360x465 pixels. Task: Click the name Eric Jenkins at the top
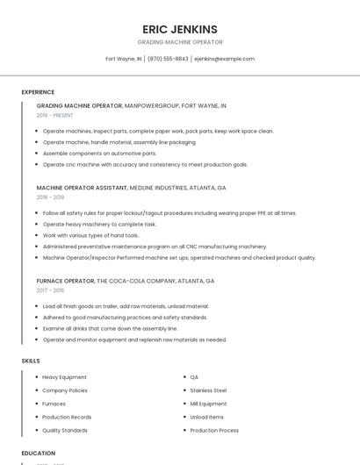[x=180, y=29]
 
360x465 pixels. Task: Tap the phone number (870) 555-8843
[x=168, y=59]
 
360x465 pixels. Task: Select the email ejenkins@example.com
[x=224, y=59]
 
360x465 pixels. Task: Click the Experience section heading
[x=38, y=92]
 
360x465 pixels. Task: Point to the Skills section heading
[x=31, y=361]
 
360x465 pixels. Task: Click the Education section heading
[x=38, y=454]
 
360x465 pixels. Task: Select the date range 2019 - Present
[x=55, y=115]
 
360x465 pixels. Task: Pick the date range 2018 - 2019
[x=50, y=197]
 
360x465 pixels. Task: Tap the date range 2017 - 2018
[x=50, y=290]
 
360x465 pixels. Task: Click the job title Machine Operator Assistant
[x=82, y=188]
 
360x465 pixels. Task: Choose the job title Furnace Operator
[x=65, y=281]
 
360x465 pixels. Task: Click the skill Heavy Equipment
[x=64, y=377]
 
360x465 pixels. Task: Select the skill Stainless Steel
[x=208, y=390]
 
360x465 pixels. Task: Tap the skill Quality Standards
[x=65, y=431]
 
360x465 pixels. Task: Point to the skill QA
[x=194, y=377]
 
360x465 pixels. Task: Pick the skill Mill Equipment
[x=208, y=404]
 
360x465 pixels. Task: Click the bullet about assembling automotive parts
[x=99, y=153]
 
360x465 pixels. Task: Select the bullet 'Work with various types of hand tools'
[x=90, y=235]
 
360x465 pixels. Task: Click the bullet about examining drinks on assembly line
[x=110, y=328]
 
